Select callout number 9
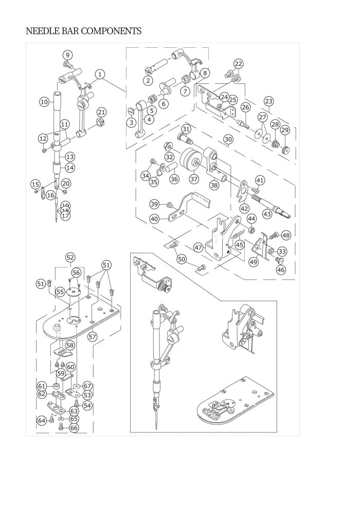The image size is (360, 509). (68, 55)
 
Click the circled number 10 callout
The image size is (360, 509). (44, 102)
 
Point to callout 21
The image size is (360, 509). (101, 113)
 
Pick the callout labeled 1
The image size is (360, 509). (100, 74)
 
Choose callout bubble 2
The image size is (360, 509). (148, 80)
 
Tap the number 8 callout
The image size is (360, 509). (205, 73)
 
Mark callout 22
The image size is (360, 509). (238, 64)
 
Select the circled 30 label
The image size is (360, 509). (228, 139)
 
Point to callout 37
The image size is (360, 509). (193, 179)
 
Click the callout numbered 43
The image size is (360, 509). (267, 213)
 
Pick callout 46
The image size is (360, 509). (281, 269)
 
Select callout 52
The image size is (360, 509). (70, 257)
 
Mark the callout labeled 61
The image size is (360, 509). (42, 386)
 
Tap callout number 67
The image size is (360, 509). (87, 386)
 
